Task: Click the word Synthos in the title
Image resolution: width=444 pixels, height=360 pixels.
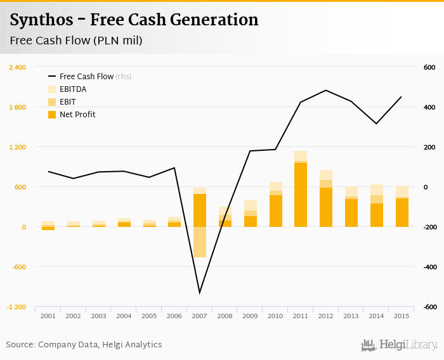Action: (x=39, y=20)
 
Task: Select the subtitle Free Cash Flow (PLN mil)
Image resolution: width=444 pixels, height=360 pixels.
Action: (x=76, y=41)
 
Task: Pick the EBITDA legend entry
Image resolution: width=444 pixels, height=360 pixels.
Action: (x=72, y=89)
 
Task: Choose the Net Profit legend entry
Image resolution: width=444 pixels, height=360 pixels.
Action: (x=77, y=115)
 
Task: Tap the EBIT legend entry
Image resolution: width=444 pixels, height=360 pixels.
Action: (x=68, y=102)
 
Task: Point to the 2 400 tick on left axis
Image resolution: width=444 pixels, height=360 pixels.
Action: (x=17, y=67)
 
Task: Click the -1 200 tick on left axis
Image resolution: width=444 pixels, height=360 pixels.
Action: (x=17, y=307)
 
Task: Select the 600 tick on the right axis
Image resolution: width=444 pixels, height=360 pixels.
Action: (x=429, y=67)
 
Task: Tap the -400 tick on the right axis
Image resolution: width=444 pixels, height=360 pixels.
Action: (x=429, y=267)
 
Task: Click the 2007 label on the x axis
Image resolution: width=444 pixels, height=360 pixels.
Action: (x=199, y=316)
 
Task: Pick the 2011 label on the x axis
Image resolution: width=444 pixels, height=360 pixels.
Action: (x=300, y=316)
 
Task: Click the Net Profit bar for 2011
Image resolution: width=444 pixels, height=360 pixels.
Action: (x=300, y=195)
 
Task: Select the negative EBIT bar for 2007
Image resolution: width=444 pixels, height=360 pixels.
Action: (x=199, y=241)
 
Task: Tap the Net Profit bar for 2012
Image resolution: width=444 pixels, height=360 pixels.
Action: (x=325, y=207)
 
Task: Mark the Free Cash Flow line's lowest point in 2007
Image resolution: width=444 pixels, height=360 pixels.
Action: (x=199, y=293)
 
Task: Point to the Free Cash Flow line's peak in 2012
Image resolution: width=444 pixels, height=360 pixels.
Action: (x=325, y=90)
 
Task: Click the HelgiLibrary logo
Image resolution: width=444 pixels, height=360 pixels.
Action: (x=399, y=345)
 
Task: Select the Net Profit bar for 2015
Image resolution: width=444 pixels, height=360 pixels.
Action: (x=401, y=213)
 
